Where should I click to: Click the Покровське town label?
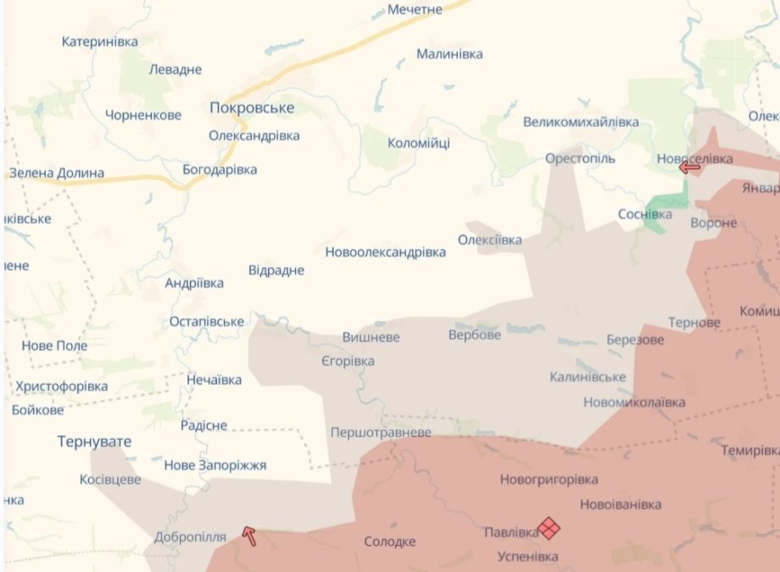coord(252,108)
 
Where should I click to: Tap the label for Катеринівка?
coord(99,42)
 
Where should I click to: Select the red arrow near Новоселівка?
coord(690,167)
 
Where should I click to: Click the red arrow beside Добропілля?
coord(249,534)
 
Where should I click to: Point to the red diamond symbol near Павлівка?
coord(549,529)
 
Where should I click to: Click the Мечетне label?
coord(415,9)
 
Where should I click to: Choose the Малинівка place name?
coord(449,54)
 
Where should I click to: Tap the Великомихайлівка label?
coord(581,122)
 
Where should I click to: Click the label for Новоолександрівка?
coord(385,253)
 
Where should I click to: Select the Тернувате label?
coord(95,441)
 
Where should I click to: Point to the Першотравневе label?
coord(381,432)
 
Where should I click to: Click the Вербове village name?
coord(474,335)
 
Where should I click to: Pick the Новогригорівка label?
coord(549,480)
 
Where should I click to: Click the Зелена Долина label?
coord(57,173)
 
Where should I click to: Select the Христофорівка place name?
coord(62,386)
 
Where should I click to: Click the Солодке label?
coord(389,541)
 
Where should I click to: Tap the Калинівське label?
coord(588,376)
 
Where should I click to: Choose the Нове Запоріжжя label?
coord(214,465)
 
